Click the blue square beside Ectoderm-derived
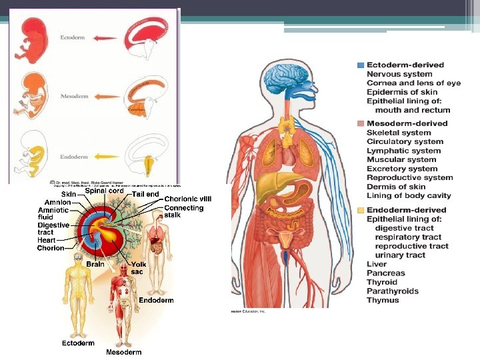point(361,65)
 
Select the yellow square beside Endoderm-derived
point(361,210)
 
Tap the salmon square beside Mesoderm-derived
point(361,124)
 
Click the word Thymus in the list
point(383,300)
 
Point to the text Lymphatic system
point(403,151)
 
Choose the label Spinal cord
point(104,191)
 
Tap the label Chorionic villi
point(188,199)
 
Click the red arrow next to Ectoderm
point(106,39)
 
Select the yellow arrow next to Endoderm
point(105,157)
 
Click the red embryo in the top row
point(34,39)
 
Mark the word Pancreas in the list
point(385,273)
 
